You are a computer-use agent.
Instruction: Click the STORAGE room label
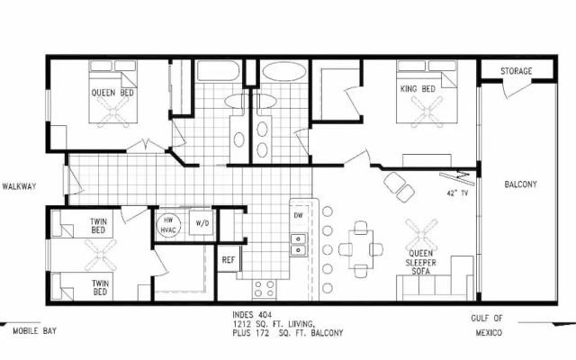pyautogui.click(x=516, y=71)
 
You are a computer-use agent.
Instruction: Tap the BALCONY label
pyautogui.click(x=520, y=184)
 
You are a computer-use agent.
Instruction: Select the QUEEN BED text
pyautogui.click(x=112, y=93)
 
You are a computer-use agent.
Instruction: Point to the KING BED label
pyautogui.click(x=418, y=89)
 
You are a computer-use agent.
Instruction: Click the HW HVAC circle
pyautogui.click(x=168, y=225)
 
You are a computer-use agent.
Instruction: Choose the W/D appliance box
pyautogui.click(x=202, y=222)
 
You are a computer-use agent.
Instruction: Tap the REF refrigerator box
pyautogui.click(x=229, y=259)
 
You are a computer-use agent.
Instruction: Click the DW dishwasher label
pyautogui.click(x=298, y=215)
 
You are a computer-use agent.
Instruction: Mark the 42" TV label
pyautogui.click(x=457, y=193)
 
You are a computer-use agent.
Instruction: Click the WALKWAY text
pyautogui.click(x=19, y=186)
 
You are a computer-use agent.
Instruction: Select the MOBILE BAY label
pyautogui.click(x=35, y=331)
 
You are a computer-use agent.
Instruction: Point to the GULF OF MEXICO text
pyautogui.click(x=488, y=326)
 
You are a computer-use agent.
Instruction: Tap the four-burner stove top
pyautogui.click(x=265, y=288)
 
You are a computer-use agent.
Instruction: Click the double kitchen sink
pyautogui.click(x=298, y=245)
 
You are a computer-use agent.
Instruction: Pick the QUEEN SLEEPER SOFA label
pyautogui.click(x=420, y=263)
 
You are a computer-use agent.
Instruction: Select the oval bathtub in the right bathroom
pyautogui.click(x=284, y=71)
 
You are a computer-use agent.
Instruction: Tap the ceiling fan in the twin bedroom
pyautogui.click(x=100, y=255)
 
